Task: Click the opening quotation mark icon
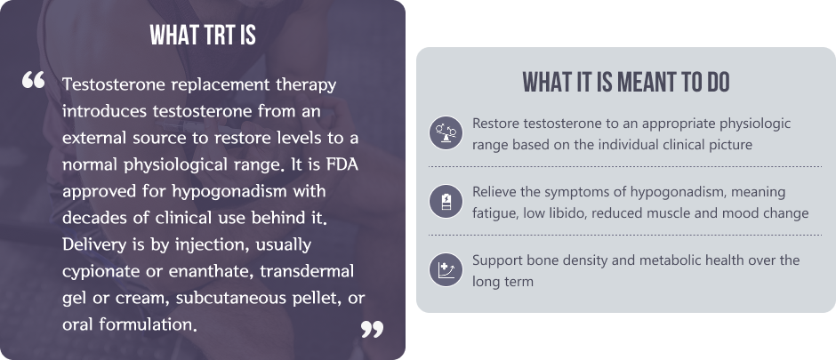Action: pyautogui.click(x=33, y=80)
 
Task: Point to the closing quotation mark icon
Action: pyautogui.click(x=372, y=329)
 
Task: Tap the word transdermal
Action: pyautogui.click(x=307, y=271)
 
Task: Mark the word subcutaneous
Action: pyautogui.click(x=231, y=298)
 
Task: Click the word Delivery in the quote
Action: pyautogui.click(x=89, y=245)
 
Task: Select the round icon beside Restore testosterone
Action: pyautogui.click(x=446, y=132)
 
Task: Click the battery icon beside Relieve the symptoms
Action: pyautogui.click(x=446, y=201)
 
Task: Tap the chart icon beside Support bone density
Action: pyautogui.click(x=446, y=269)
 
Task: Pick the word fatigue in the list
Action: pyautogui.click(x=495, y=213)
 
